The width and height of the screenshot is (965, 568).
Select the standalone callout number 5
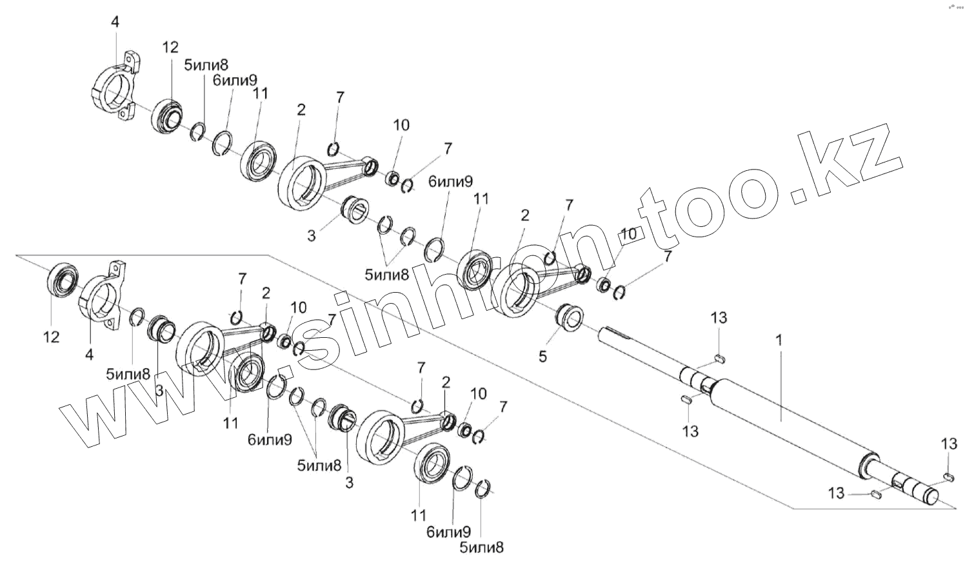[x=542, y=355]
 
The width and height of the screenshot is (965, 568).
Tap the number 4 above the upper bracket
[x=115, y=22]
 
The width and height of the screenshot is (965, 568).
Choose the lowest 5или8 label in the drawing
[x=481, y=548]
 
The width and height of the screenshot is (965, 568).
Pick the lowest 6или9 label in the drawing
[x=448, y=533]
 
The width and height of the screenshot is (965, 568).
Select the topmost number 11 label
[x=260, y=93]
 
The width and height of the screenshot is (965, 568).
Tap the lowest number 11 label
[x=419, y=515]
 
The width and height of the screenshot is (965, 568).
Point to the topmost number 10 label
[x=401, y=125]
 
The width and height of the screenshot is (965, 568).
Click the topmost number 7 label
[x=340, y=97]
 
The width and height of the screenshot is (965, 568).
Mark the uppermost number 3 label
[x=312, y=236]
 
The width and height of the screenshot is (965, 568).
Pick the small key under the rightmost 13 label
[x=948, y=476]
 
